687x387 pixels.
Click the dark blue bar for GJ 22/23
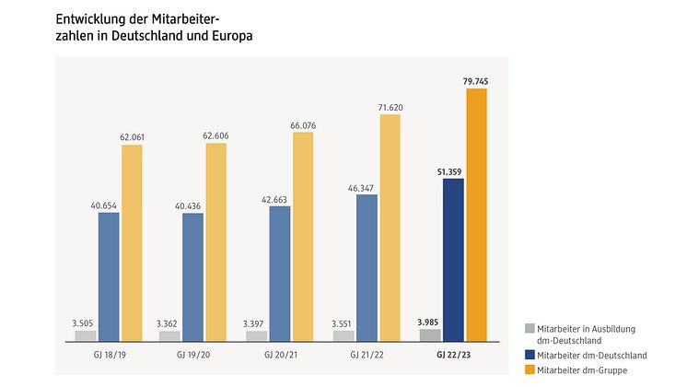453,260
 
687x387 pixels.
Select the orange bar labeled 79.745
477,215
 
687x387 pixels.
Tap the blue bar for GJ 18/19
109,276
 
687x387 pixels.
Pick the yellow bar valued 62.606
216,242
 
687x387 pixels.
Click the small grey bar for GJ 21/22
343,335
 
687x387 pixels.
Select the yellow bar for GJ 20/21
303,237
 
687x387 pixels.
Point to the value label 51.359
452,170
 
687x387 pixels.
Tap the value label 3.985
429,321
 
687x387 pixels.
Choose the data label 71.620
391,107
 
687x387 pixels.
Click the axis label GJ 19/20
192,353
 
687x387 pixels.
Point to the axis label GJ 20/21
279,353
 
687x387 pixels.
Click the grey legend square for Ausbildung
529,329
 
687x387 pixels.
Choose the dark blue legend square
529,355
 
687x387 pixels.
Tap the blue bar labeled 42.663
279,274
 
